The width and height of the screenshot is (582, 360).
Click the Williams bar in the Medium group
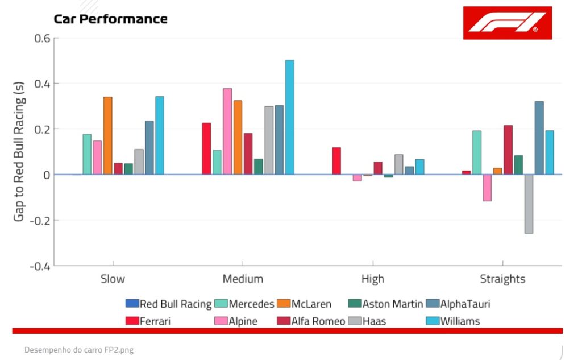pos(290,117)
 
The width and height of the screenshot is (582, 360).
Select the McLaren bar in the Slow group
pos(108,135)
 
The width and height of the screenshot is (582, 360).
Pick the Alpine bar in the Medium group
pos(227,131)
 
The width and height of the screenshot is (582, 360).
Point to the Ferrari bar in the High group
pos(336,161)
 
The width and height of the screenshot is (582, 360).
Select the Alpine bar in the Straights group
pos(487,188)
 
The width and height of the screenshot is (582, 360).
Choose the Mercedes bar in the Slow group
pos(87,154)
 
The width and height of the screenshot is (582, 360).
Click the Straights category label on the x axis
pos(502,279)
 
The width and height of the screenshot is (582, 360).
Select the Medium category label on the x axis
pos(243,279)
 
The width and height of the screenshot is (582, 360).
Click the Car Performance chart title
pos(110,19)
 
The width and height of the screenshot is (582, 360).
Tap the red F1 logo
pos(507,23)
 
